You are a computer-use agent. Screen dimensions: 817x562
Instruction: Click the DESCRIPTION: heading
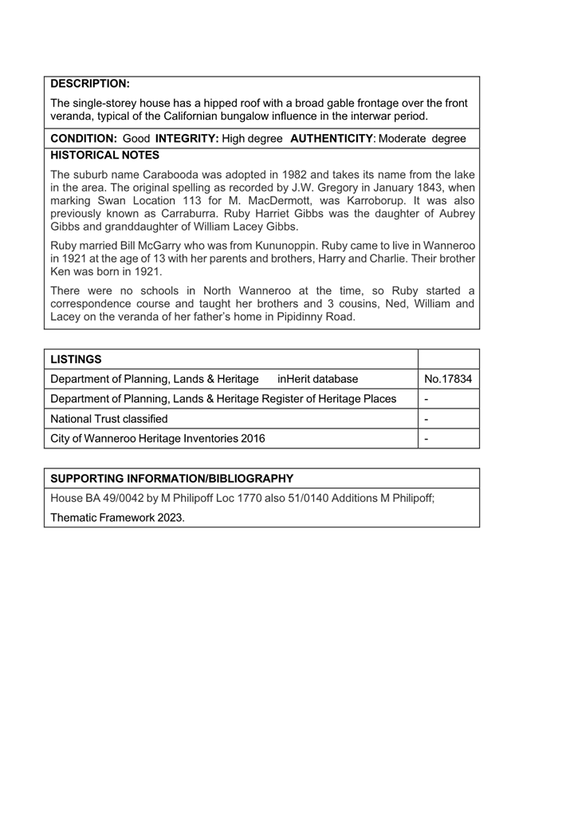click(90, 84)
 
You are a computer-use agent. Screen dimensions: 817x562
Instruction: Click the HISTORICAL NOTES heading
click(104, 155)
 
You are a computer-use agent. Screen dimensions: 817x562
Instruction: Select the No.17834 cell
click(448, 379)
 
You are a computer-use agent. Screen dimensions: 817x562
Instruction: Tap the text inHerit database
click(318, 379)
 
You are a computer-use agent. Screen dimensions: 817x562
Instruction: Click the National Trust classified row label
click(109, 419)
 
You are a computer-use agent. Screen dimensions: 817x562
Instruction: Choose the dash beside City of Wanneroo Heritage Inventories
click(427, 439)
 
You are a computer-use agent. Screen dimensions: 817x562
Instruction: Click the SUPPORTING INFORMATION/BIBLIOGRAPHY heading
click(171, 479)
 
